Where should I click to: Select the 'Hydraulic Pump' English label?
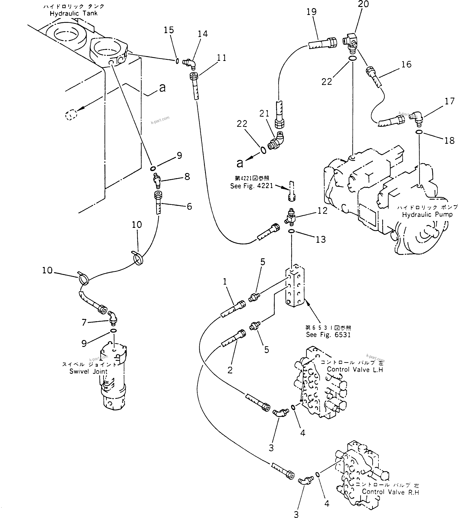click(427, 215)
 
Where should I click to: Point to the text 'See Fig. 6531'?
click(328, 335)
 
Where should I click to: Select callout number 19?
click(311, 12)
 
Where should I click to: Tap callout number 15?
click(169, 30)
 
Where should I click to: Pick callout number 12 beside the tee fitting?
click(322, 211)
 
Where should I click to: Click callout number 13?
click(321, 239)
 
